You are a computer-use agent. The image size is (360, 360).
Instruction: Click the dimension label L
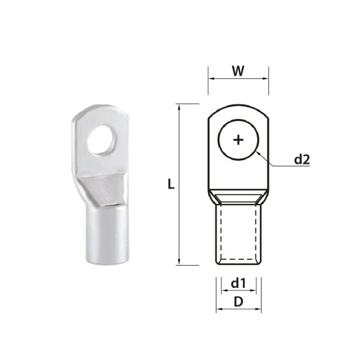coord(171,185)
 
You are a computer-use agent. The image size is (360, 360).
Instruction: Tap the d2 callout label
coord(301,160)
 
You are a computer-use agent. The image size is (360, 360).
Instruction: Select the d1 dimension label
coord(238,281)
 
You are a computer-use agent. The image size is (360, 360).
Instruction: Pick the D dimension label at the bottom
coord(238,302)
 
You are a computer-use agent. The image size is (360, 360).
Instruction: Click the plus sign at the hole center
coord(238,140)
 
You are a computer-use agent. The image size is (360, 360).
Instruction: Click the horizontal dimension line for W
coord(238,79)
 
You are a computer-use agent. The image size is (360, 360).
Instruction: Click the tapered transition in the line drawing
coord(238,197)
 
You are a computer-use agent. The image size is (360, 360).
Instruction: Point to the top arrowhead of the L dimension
coord(179,106)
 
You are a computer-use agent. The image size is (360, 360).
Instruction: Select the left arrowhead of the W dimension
coord(211,79)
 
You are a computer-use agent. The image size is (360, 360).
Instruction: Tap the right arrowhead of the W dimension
coord(266,79)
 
